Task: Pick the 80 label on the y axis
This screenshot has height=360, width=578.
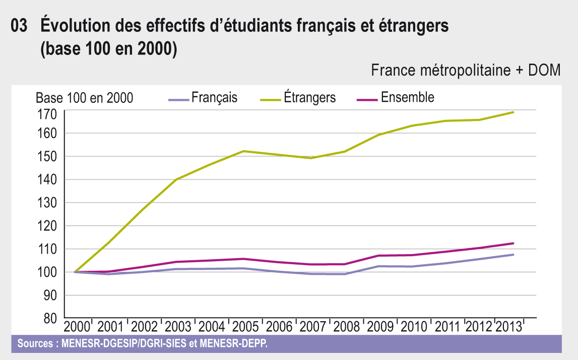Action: click(x=49, y=319)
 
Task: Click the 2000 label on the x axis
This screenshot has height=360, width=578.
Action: click(x=76, y=326)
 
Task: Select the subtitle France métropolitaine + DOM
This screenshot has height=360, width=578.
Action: click(x=466, y=71)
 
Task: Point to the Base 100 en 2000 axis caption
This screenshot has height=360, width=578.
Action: click(x=85, y=98)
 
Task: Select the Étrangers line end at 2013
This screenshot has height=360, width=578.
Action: click(x=513, y=112)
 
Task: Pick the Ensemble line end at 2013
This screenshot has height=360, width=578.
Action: click(x=513, y=243)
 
